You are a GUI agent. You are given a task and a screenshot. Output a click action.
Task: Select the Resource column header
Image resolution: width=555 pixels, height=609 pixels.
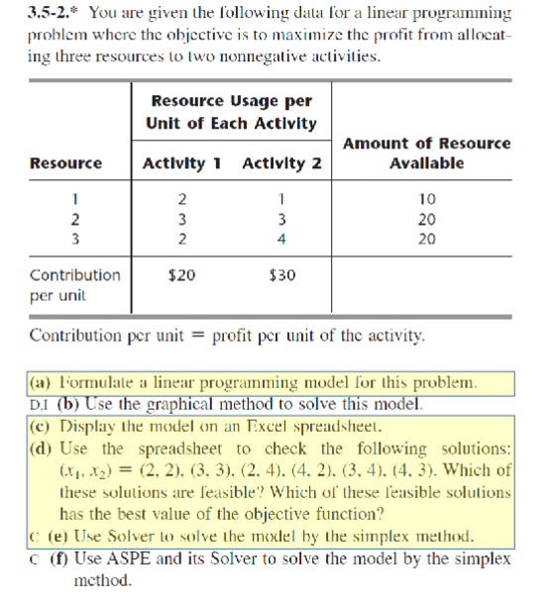[x=65, y=163]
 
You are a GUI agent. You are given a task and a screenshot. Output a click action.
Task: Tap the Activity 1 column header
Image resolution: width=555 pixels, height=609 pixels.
[x=182, y=163]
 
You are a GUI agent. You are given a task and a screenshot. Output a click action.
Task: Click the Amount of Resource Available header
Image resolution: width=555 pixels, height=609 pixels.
[x=426, y=153]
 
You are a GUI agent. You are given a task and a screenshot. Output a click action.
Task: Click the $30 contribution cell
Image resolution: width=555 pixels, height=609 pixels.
[x=282, y=274]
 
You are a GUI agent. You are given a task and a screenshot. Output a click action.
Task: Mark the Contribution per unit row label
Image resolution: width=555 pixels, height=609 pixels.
[x=74, y=284]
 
